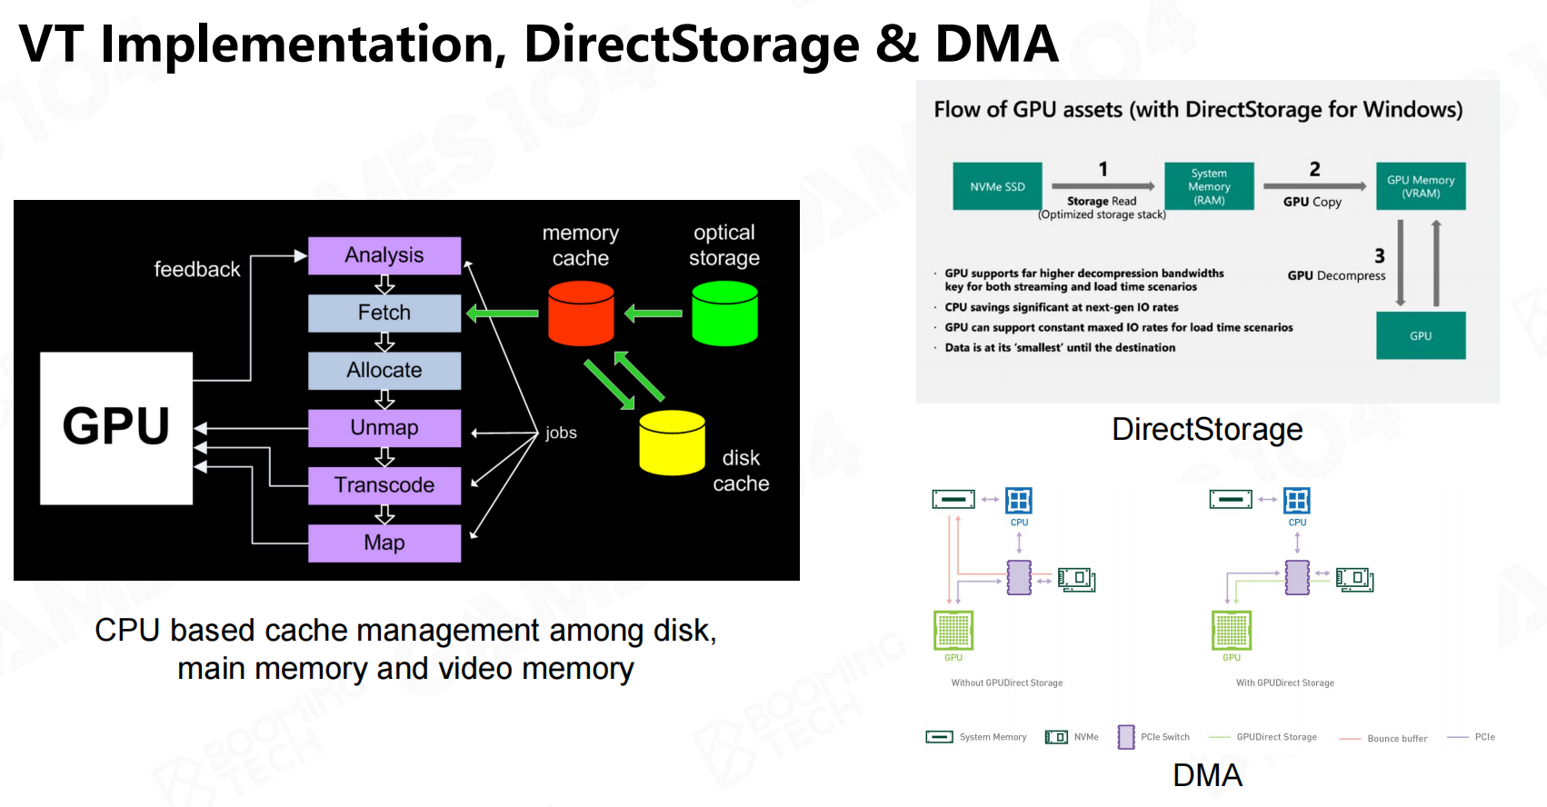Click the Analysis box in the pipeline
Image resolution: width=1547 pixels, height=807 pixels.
(x=384, y=255)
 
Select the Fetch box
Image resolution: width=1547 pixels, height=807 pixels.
(x=384, y=313)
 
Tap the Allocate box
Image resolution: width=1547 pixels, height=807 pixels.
(x=384, y=370)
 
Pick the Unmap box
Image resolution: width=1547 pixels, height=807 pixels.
(x=384, y=428)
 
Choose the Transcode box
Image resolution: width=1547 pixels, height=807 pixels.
(x=384, y=485)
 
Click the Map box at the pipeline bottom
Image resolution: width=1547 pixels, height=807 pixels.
(x=384, y=543)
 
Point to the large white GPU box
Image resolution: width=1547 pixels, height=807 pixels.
(x=116, y=427)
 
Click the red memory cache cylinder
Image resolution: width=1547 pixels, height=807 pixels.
(x=581, y=314)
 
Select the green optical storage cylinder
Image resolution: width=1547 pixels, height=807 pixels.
(x=724, y=314)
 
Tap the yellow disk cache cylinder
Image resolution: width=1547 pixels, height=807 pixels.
(x=672, y=443)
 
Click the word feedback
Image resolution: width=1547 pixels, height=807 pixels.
(x=197, y=269)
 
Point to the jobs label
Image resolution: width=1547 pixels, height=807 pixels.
(x=561, y=433)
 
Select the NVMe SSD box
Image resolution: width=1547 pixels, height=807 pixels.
(x=997, y=186)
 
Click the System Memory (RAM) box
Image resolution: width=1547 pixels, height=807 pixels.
(x=1209, y=186)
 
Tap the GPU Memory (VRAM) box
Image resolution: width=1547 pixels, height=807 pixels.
(x=1420, y=186)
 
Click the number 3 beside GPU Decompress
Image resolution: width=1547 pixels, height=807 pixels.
(x=1379, y=256)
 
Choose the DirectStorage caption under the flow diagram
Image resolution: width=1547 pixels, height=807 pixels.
(x=1207, y=429)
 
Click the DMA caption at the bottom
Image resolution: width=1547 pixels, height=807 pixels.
(x=1207, y=775)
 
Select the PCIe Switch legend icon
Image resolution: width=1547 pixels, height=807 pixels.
(x=1126, y=736)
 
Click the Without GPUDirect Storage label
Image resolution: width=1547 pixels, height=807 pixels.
(x=1006, y=682)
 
